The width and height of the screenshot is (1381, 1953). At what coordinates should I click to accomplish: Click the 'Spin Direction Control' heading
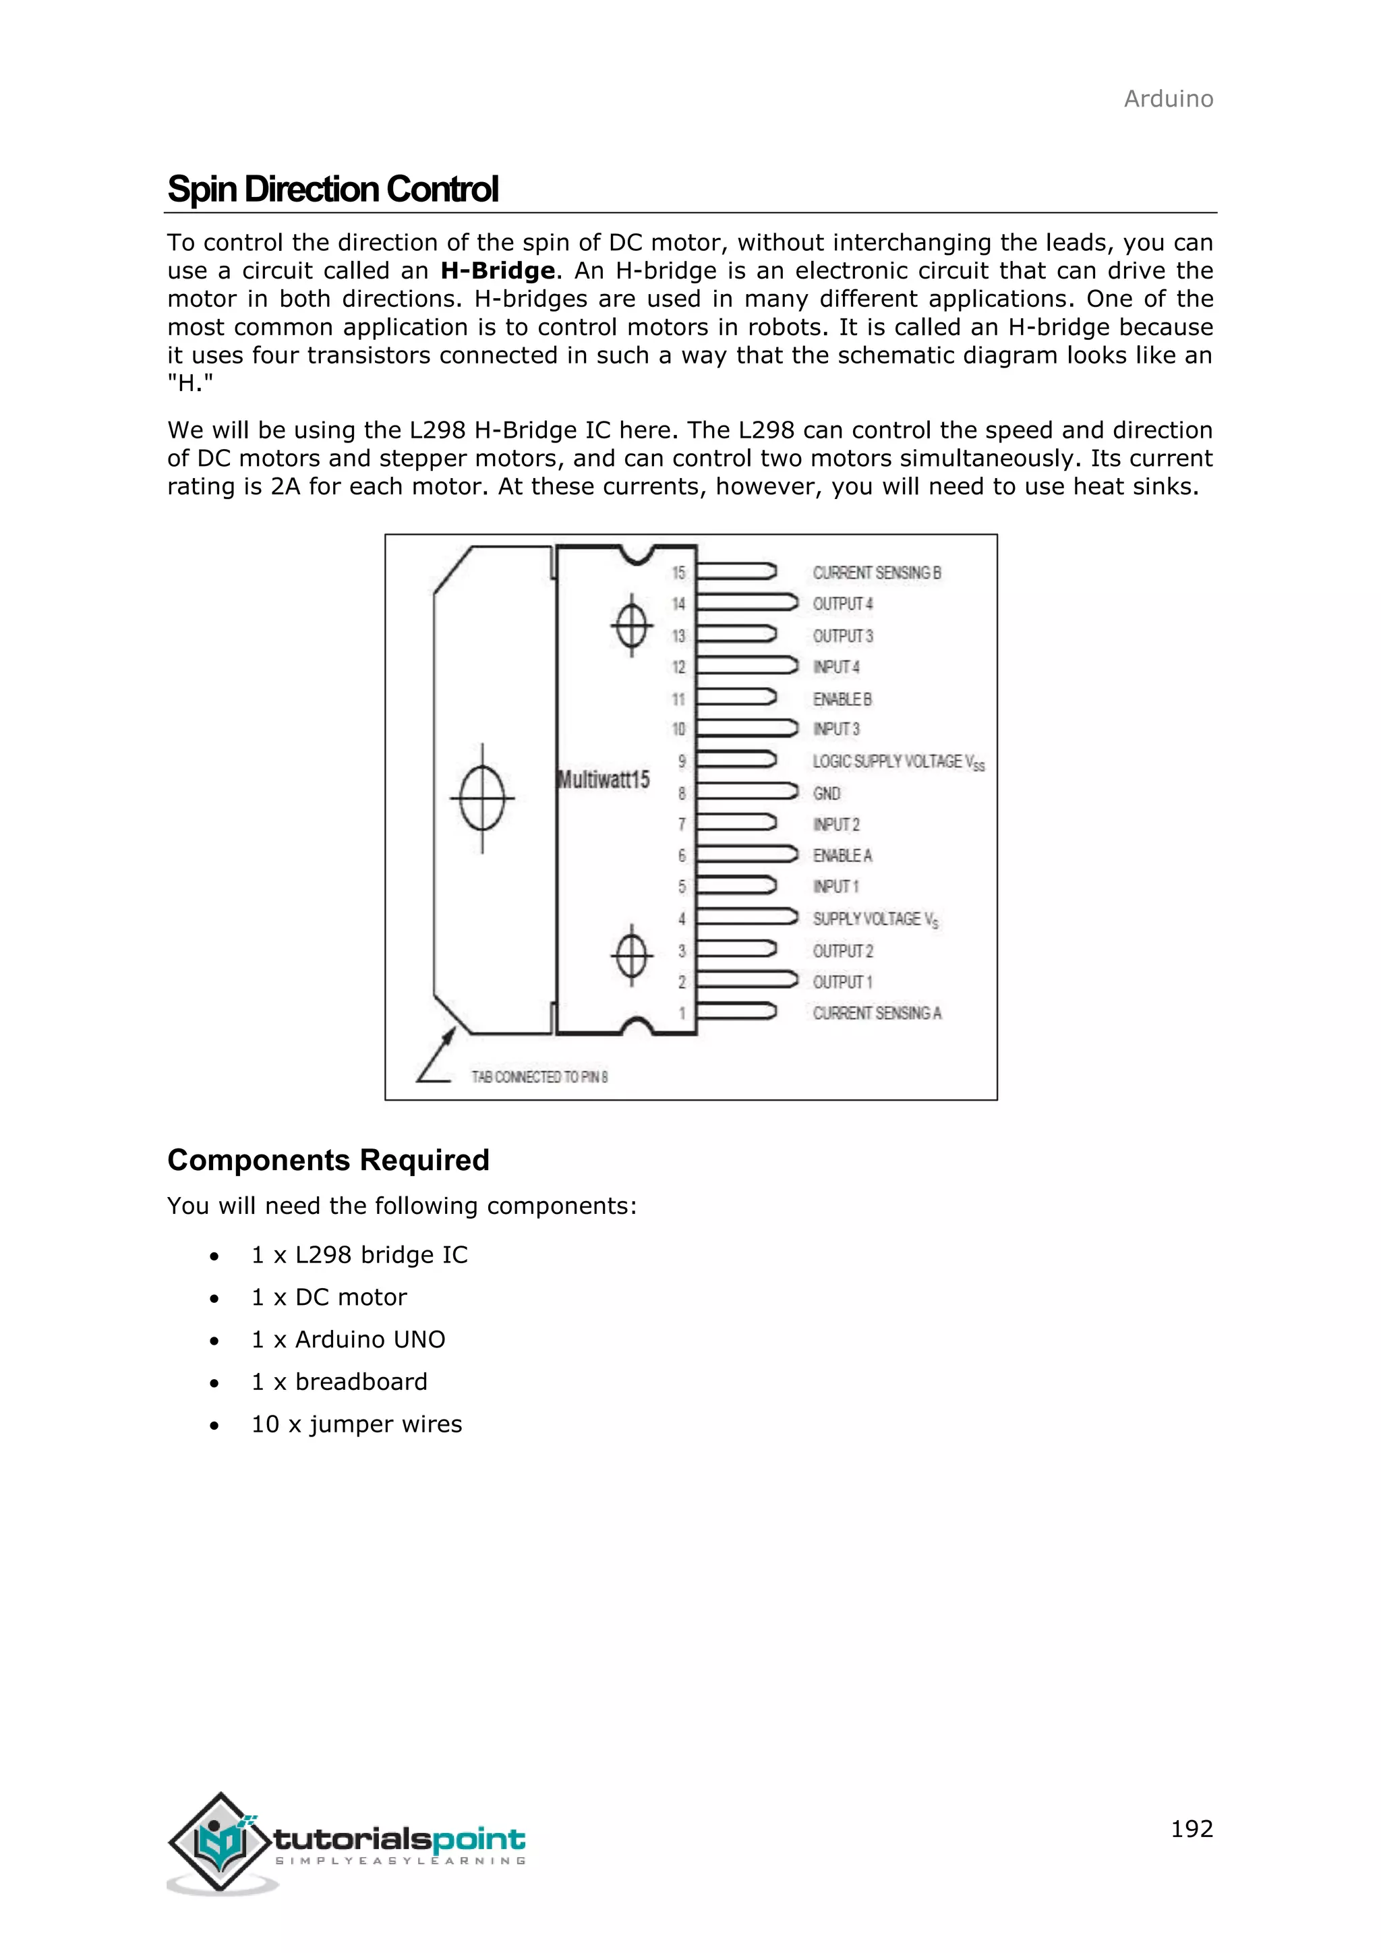[x=332, y=189]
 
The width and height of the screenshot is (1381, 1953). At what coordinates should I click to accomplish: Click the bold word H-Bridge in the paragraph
[x=498, y=270]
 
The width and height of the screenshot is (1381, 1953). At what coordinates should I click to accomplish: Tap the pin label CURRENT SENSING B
[x=877, y=573]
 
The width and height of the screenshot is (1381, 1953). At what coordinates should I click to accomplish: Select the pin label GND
[x=827, y=793]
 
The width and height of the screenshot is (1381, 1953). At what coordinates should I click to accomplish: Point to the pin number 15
[x=678, y=573]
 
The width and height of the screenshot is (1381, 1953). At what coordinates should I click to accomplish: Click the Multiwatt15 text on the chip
[x=604, y=779]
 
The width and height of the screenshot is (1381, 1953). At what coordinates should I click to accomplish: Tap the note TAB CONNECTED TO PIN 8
[x=540, y=1077]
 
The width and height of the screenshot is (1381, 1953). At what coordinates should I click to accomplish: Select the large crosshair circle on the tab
[x=482, y=798]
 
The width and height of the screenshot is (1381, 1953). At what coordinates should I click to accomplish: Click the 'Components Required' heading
[x=328, y=1159]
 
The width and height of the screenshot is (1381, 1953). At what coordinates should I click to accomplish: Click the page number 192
[x=1192, y=1828]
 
